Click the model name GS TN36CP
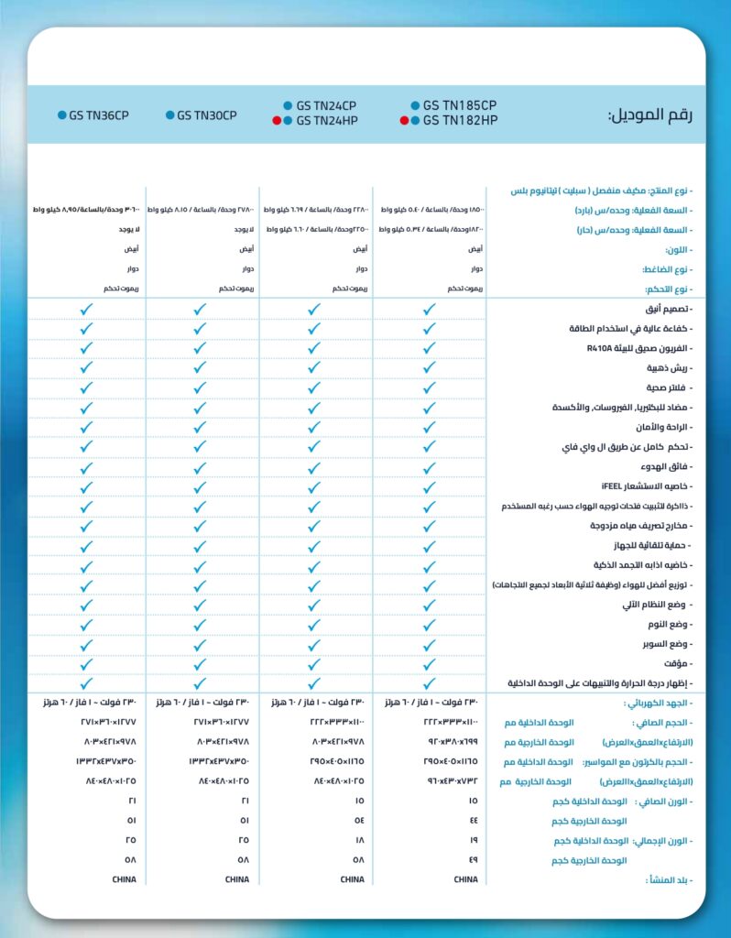click(x=99, y=115)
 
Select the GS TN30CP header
click(x=207, y=115)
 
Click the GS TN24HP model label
click(x=326, y=120)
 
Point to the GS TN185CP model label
click(x=460, y=105)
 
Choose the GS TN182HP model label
click(x=460, y=120)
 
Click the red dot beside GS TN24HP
click(x=276, y=120)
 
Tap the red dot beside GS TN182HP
click(x=404, y=120)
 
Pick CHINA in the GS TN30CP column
click(x=237, y=879)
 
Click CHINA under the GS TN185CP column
click(x=465, y=879)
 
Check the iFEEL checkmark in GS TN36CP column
click(x=87, y=485)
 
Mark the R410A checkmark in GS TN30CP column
click(x=201, y=348)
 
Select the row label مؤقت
click(x=678, y=663)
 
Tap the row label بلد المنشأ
click(x=666, y=879)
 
